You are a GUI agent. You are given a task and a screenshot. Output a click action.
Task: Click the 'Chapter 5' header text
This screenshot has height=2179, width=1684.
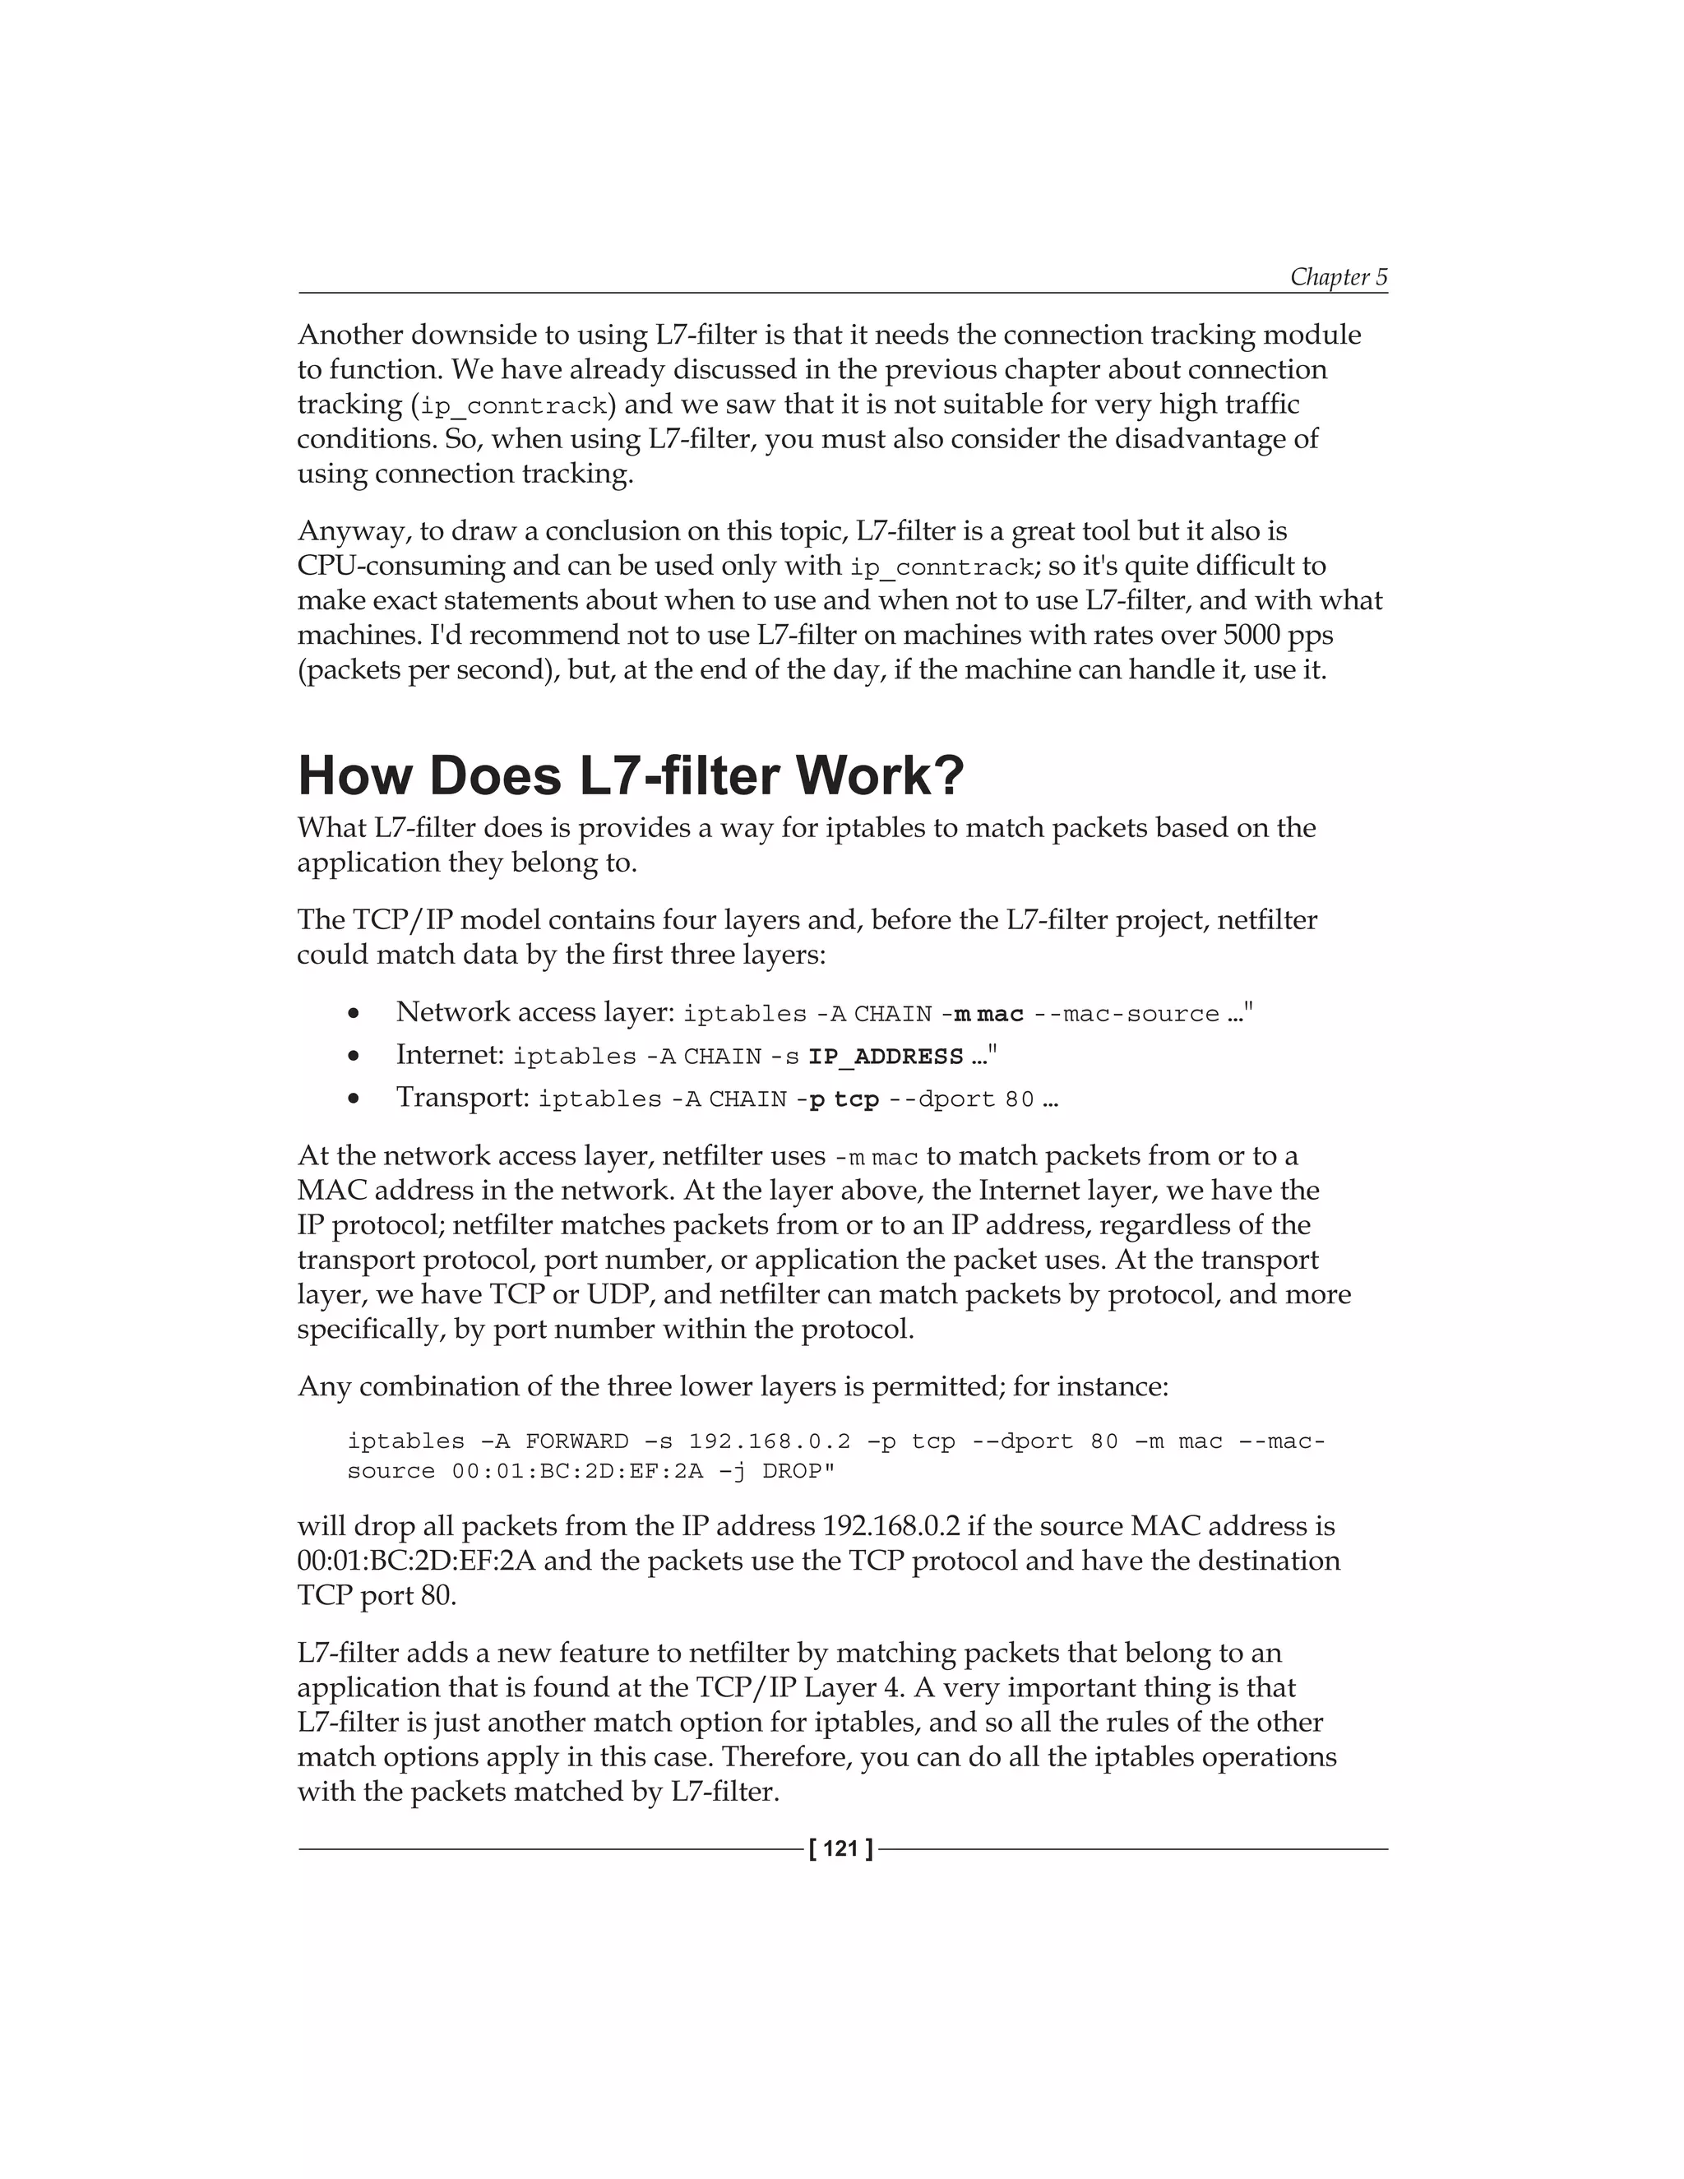[1338, 276]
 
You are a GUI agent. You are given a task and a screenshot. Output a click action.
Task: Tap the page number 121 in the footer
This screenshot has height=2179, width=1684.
[841, 1848]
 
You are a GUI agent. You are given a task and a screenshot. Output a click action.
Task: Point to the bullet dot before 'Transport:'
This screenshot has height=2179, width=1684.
[353, 1099]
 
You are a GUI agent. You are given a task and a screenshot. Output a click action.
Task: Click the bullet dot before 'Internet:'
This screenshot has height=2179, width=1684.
[353, 1056]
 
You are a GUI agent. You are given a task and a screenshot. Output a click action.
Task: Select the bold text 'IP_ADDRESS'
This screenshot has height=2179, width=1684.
[885, 1057]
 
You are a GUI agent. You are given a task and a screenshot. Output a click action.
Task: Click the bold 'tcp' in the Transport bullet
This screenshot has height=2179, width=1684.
[856, 1099]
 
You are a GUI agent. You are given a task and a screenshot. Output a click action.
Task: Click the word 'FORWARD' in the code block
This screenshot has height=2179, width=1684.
[576, 1441]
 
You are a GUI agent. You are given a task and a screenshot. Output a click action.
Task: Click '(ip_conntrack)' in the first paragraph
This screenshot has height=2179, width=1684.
[513, 405]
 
